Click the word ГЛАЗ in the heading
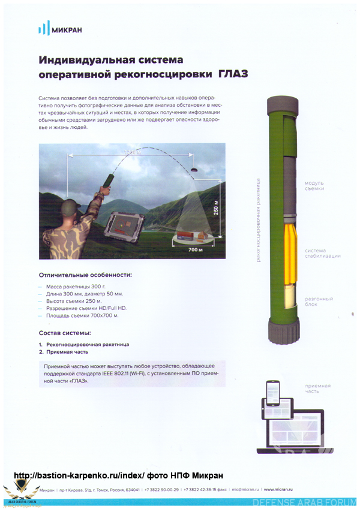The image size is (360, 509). point(233,75)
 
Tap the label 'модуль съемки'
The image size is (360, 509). point(314,186)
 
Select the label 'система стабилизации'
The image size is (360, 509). point(322,253)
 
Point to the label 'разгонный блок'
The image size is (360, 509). point(319,302)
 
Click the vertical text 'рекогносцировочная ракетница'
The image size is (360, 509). point(258,219)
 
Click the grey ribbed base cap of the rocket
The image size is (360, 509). point(283,330)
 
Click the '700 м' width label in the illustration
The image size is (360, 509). point(196,248)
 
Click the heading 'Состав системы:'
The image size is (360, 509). point(65,333)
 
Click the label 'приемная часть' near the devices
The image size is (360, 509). point(317,388)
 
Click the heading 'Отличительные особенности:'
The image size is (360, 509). point(85,275)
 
